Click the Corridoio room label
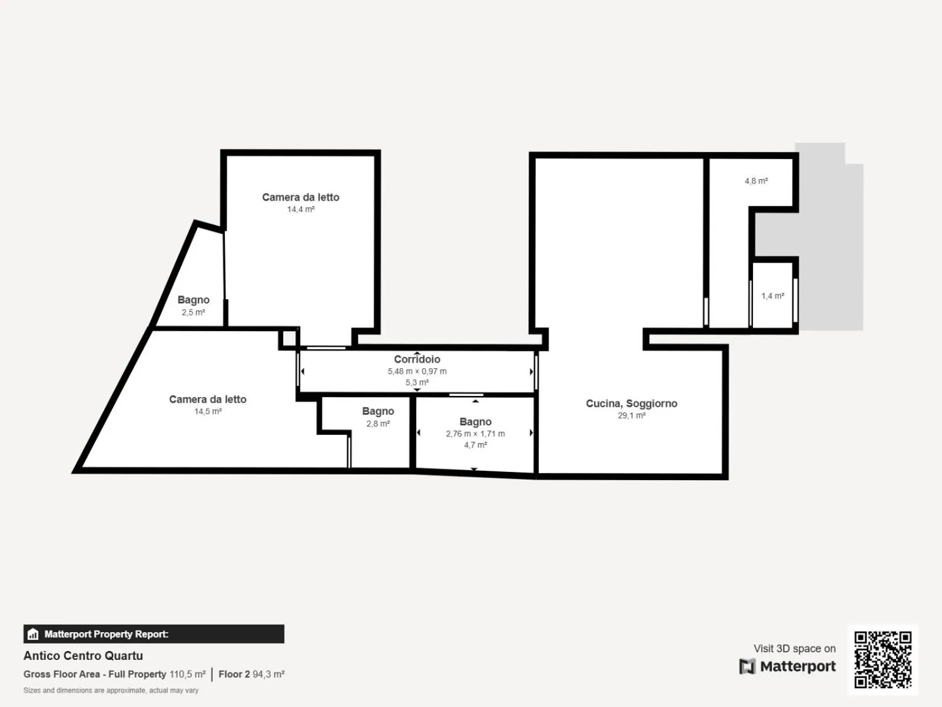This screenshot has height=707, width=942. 417,359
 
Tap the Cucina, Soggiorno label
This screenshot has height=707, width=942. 632,404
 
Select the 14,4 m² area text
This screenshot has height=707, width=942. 301,210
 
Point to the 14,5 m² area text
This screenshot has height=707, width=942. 208,411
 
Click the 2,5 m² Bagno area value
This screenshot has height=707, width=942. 194,312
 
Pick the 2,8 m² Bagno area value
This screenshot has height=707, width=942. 378,424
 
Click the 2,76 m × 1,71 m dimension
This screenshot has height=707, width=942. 476,434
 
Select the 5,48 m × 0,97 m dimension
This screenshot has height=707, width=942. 417,371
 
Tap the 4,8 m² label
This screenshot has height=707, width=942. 756,181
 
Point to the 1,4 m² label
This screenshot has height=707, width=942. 773,296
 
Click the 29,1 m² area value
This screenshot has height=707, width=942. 632,415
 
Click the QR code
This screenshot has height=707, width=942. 883,659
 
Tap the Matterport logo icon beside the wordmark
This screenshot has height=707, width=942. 747,666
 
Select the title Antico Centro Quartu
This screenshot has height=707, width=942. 83,656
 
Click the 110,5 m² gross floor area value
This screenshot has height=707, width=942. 188,674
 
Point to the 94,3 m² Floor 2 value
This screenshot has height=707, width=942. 268,674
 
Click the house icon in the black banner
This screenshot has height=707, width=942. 33,633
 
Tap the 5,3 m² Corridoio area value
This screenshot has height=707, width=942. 417,382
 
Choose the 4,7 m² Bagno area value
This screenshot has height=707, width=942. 476,445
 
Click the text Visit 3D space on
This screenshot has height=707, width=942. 795,648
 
